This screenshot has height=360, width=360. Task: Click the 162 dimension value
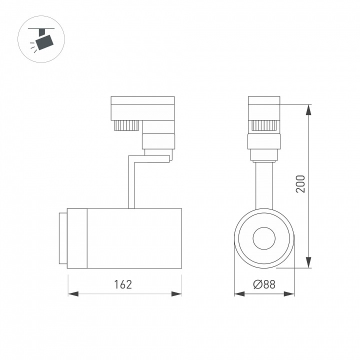click(x=123, y=284)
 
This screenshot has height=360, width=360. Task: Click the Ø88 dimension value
click(x=264, y=284)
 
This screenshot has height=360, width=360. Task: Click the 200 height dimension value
click(x=299, y=184)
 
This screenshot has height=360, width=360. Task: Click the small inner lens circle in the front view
click(x=264, y=238)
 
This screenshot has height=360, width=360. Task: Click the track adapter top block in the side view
click(x=142, y=107)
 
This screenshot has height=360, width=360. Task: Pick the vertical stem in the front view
click(x=264, y=185)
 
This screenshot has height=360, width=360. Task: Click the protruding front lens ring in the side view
click(x=62, y=238)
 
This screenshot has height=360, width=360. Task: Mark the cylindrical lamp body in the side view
click(x=134, y=238)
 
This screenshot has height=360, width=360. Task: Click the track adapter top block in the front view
click(x=264, y=107)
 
